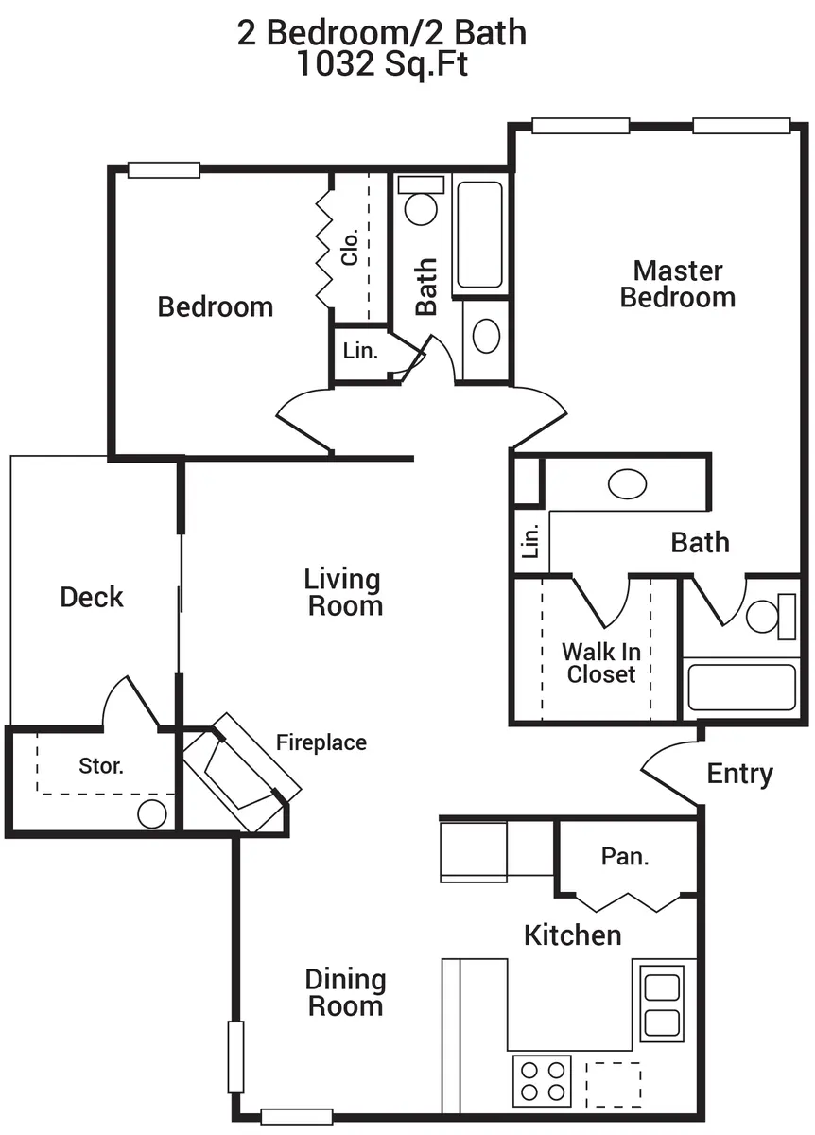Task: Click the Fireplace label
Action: click(x=321, y=742)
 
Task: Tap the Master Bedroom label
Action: click(x=678, y=285)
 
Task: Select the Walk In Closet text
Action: click(x=601, y=663)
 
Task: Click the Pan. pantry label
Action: click(x=625, y=856)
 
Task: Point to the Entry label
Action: click(x=740, y=775)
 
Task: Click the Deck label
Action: click(x=92, y=597)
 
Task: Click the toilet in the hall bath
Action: click(x=421, y=201)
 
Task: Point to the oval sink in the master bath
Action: click(x=627, y=484)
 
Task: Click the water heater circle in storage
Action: click(x=152, y=814)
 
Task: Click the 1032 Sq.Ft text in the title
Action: click(x=382, y=64)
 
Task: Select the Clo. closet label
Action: click(x=350, y=247)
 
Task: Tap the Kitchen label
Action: click(x=572, y=935)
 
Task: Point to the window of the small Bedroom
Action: click(x=164, y=169)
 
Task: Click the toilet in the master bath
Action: click(x=771, y=617)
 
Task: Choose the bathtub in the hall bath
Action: click(x=480, y=236)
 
